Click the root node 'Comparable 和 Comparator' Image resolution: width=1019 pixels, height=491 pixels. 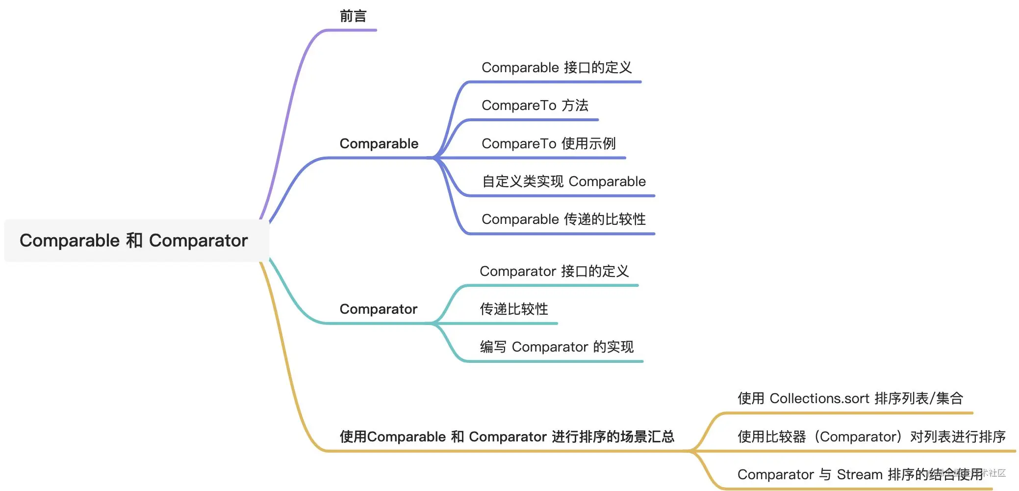[x=134, y=241]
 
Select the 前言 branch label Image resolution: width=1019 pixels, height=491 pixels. [x=353, y=17]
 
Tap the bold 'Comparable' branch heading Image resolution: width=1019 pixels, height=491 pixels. [x=379, y=144]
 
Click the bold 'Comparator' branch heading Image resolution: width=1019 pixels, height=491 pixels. [x=378, y=309]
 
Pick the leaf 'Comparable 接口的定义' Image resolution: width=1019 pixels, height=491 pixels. [x=557, y=68]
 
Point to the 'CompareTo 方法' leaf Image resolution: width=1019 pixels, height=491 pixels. [x=535, y=106]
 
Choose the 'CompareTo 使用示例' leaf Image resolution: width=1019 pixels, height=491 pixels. [x=548, y=144]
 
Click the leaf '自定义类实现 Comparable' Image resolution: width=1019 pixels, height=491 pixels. [x=564, y=182]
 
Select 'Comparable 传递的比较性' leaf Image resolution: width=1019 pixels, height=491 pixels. [x=563, y=219]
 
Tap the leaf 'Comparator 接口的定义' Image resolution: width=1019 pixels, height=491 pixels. [x=554, y=272]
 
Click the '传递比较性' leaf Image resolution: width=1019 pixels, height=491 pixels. [x=514, y=309]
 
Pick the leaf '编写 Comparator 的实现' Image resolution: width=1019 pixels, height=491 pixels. [x=557, y=347]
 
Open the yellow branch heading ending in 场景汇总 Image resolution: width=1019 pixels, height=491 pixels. [x=507, y=437]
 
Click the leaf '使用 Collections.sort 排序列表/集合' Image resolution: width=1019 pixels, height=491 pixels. [x=850, y=399]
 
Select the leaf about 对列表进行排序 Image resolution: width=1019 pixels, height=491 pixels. [x=871, y=437]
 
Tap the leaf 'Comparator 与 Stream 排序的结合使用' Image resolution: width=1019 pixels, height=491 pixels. [x=860, y=475]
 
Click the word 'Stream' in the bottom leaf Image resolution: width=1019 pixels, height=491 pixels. [x=859, y=475]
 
